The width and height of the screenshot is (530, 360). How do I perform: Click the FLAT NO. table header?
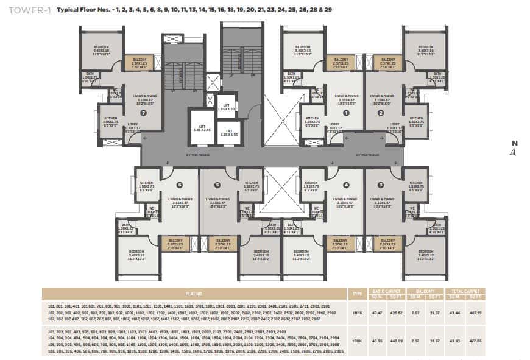194,294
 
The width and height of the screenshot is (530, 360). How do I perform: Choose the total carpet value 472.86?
475,341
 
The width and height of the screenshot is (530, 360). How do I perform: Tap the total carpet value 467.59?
475,312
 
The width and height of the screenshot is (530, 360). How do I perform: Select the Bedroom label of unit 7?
101,48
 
